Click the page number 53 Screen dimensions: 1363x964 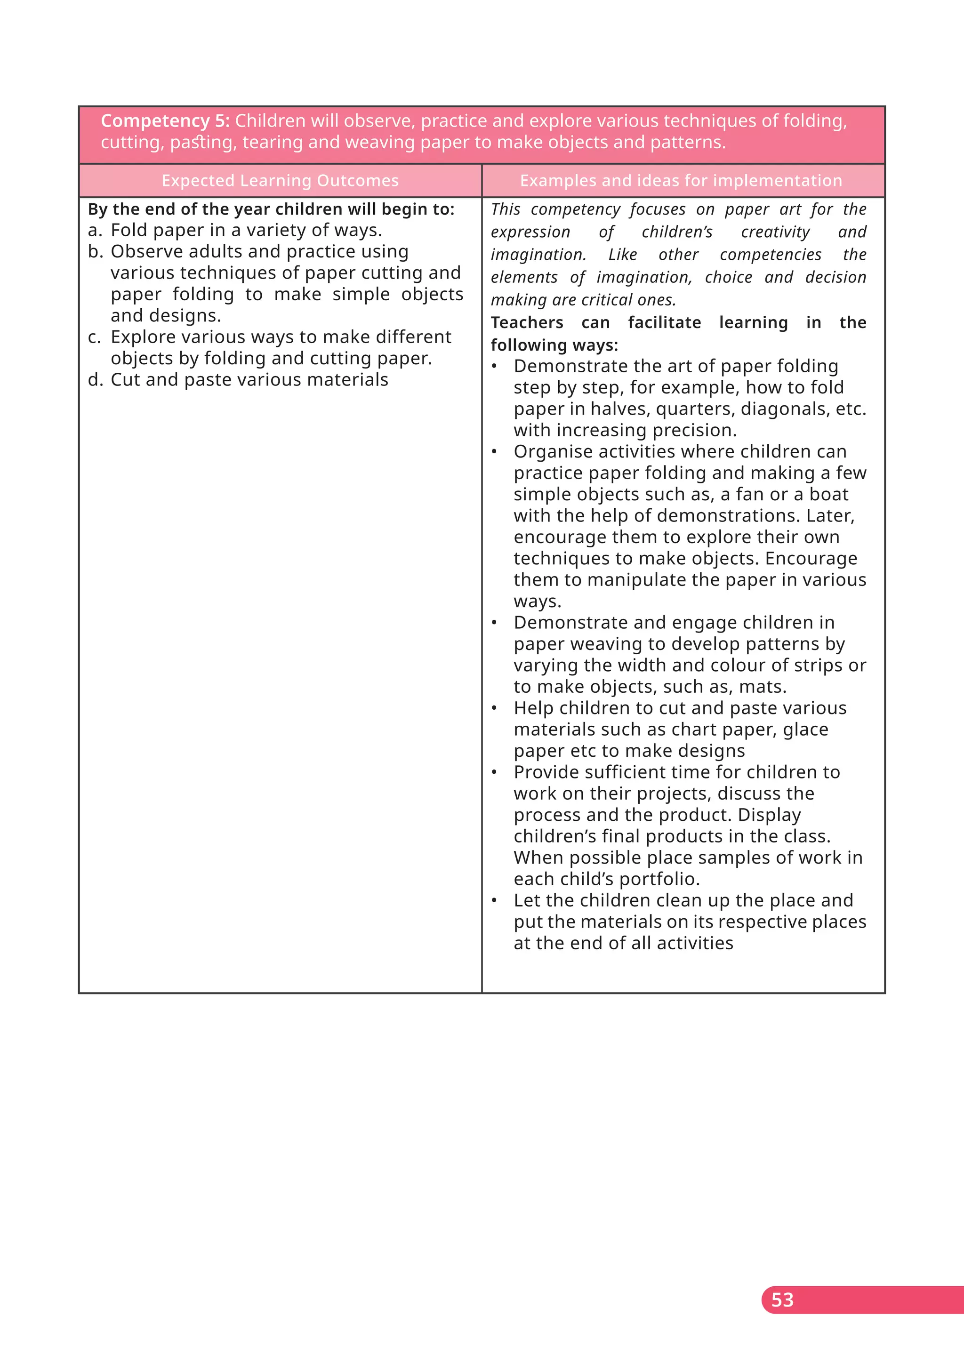click(x=782, y=1299)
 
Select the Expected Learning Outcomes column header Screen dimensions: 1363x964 click(x=280, y=180)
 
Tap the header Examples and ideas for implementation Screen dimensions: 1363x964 click(x=680, y=180)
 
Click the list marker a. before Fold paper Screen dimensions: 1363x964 click(x=95, y=230)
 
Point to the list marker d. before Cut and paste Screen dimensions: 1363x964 click(x=95, y=380)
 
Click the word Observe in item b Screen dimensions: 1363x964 click(x=146, y=252)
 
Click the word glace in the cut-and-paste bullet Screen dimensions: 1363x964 click(x=805, y=730)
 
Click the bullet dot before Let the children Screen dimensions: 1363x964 click(x=494, y=900)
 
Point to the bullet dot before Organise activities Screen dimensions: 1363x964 click(x=494, y=452)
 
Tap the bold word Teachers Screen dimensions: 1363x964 click(x=527, y=323)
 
